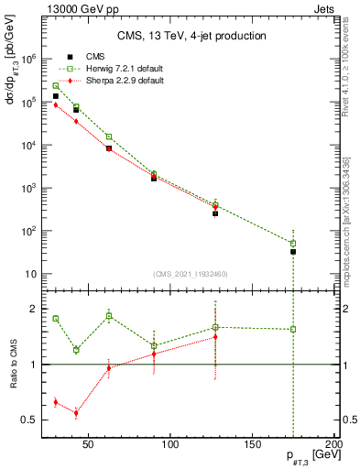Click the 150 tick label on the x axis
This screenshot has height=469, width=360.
[252, 446]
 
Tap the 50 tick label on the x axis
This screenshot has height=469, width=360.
[89, 446]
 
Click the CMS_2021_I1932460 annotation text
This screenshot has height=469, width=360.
[191, 274]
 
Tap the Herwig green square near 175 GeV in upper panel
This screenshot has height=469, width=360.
[293, 244]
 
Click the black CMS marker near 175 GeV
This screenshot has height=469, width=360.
[293, 251]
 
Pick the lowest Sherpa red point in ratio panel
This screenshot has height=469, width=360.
[76, 413]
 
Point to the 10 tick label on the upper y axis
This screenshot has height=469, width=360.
[30, 274]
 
